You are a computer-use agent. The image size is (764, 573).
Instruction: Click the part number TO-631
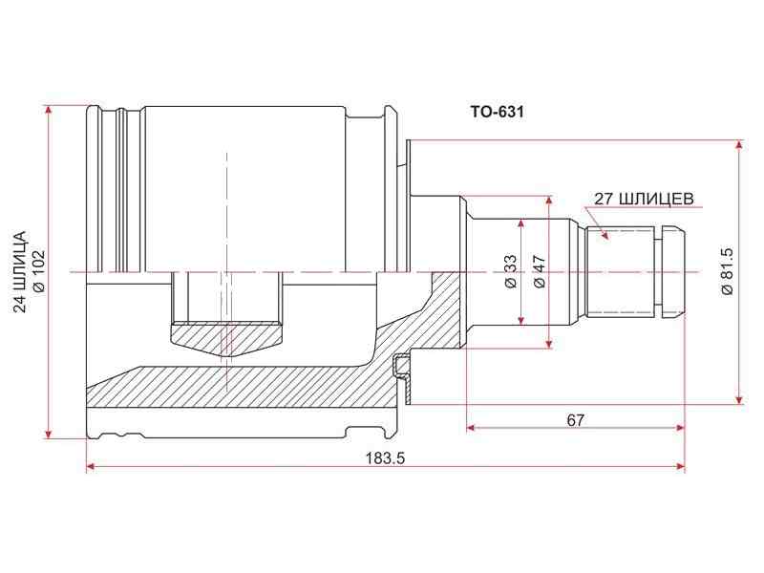pos(497,112)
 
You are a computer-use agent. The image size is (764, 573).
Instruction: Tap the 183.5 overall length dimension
pos(386,458)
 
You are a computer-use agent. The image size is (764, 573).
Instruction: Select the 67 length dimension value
pos(576,420)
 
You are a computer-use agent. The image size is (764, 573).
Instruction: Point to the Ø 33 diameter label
pos(510,271)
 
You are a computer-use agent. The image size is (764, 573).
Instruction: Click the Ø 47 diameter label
pos(539,271)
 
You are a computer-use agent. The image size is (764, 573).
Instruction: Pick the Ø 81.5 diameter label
pos(726,271)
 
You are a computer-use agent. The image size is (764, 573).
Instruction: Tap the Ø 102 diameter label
pos(38,271)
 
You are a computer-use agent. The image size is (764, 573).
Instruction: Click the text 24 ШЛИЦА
pos(19,271)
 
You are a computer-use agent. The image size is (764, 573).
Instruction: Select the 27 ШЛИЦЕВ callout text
pos(644,199)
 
